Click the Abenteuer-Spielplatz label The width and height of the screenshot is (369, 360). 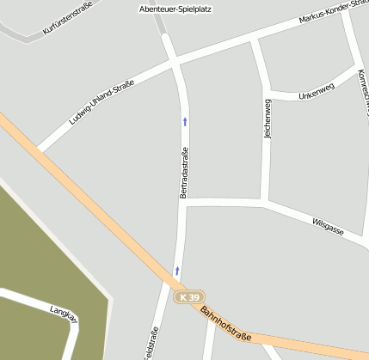pos(175,9)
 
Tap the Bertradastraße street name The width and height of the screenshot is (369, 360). pos(183,173)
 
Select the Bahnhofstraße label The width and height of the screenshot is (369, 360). pos(225,324)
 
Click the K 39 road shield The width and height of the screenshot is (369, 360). pos(191,296)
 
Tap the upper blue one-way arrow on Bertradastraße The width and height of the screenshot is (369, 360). pos(185,121)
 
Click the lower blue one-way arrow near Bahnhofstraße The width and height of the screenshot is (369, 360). pos(177,271)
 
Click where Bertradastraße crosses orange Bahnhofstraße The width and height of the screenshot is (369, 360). pos(175,285)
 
